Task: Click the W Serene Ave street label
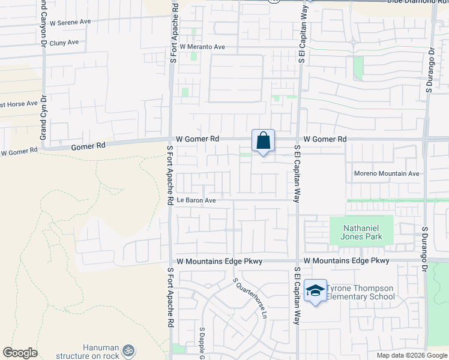click(x=70, y=22)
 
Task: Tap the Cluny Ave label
click(x=65, y=43)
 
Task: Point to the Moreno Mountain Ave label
click(x=387, y=174)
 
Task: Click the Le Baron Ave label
click(x=196, y=200)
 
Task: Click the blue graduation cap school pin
click(x=315, y=291)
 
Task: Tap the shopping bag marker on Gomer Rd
click(x=264, y=142)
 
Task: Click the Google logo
click(x=20, y=353)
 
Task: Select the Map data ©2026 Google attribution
click(x=412, y=355)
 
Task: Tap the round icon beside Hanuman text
click(x=127, y=350)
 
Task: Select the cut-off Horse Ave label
click(x=19, y=104)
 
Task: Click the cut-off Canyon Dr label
click(x=43, y=23)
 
